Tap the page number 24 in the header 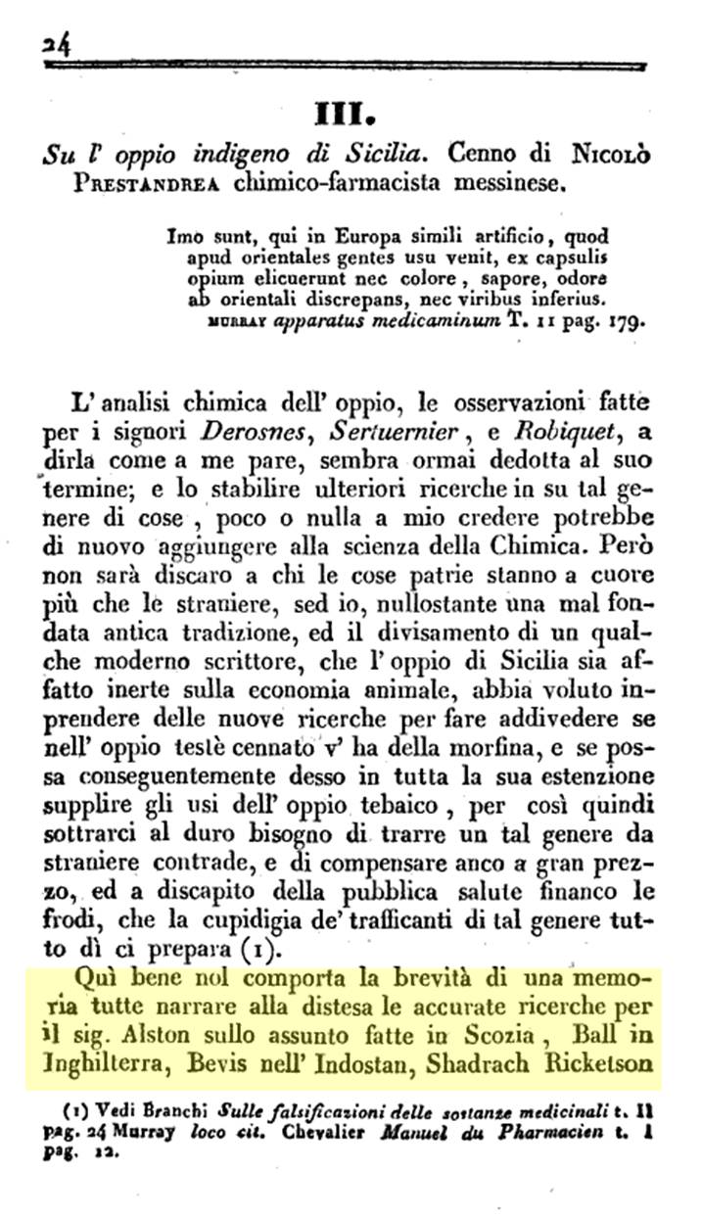48,43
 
